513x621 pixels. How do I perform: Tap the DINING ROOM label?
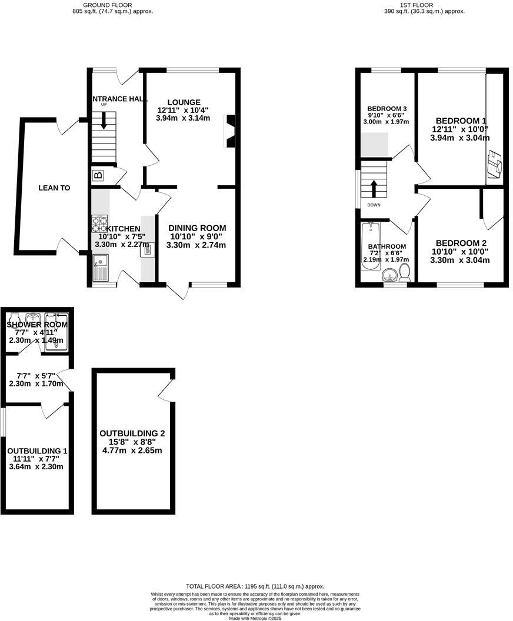click(197, 228)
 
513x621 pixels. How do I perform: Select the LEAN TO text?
click(54, 188)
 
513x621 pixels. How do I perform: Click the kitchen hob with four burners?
click(99, 224)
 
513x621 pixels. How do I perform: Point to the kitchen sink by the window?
click(99, 268)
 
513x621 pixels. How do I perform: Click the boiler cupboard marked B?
click(98, 175)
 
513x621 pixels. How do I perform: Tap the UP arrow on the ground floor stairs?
click(104, 121)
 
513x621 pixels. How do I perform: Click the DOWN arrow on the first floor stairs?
click(374, 188)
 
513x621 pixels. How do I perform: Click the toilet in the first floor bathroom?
click(405, 272)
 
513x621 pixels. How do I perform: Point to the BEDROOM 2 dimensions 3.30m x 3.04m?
click(459, 259)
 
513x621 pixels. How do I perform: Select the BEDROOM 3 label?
click(387, 109)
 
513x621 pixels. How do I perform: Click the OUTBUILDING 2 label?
click(132, 433)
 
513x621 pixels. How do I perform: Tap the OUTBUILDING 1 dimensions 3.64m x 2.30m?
click(35, 467)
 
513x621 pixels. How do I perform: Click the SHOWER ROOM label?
click(37, 325)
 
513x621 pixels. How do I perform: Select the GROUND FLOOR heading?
click(107, 5)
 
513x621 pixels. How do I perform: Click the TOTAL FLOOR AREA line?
click(255, 586)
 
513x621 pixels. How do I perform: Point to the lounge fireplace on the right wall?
click(231, 131)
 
